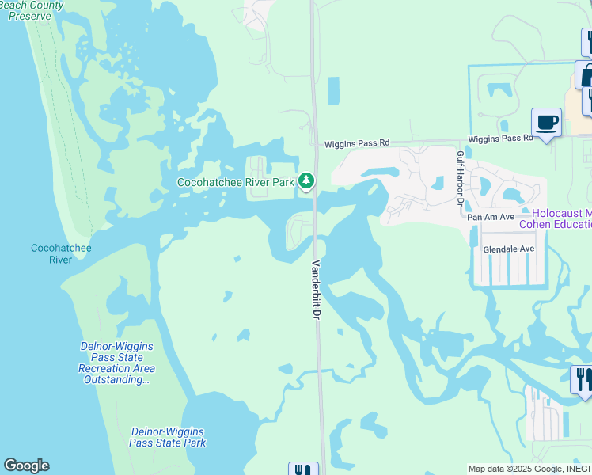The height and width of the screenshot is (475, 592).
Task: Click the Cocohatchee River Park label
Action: click(235, 182)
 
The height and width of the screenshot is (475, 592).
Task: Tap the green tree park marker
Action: click(306, 182)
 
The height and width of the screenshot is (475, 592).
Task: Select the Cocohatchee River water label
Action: click(61, 253)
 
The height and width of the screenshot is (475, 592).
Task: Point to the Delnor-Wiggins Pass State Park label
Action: click(168, 437)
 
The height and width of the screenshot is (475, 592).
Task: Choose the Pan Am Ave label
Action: click(491, 217)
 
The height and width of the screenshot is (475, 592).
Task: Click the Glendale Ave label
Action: click(509, 249)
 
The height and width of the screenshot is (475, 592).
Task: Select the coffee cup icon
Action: click(546, 123)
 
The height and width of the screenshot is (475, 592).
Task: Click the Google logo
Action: click(26, 465)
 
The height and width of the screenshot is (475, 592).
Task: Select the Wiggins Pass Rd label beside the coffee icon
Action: click(500, 139)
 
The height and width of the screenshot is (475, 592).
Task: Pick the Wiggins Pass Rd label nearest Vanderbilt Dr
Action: click(357, 143)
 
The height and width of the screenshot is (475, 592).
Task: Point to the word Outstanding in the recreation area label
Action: click(116, 380)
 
